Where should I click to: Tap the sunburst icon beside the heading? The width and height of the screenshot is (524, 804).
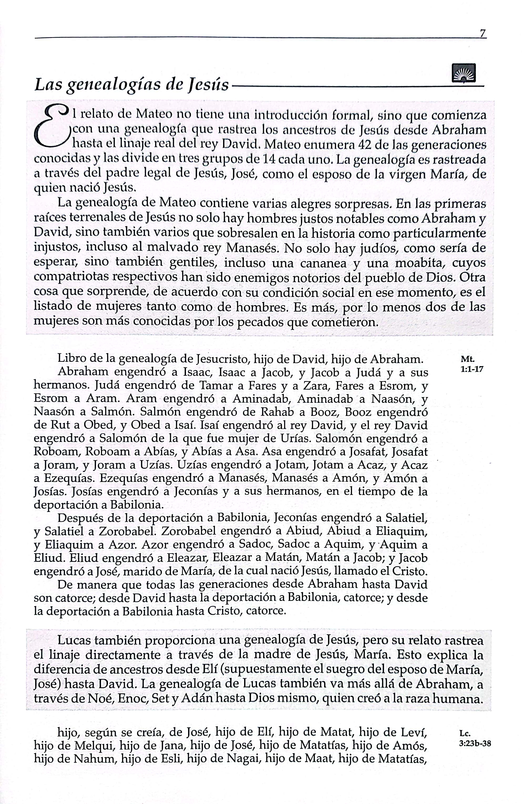click(463, 73)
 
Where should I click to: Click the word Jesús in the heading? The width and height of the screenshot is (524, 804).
click(208, 84)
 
